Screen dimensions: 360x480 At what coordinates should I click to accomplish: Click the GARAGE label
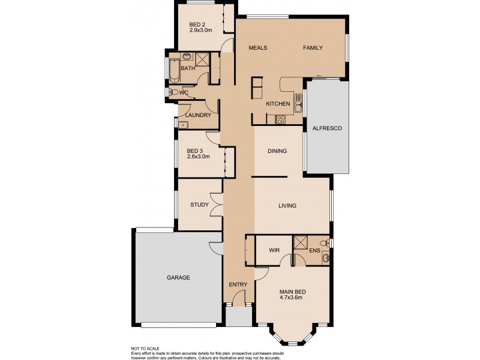178,278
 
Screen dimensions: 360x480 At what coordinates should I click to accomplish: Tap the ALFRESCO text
326,128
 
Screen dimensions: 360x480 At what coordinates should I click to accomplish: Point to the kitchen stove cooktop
280,119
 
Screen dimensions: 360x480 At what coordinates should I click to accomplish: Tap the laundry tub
183,125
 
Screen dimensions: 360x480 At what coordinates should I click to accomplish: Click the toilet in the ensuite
324,242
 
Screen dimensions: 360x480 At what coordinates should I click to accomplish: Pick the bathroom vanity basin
186,58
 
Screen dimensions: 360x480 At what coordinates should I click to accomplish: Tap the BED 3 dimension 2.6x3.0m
199,157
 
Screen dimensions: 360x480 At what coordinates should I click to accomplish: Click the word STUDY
199,205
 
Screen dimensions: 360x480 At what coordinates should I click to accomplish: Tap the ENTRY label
238,284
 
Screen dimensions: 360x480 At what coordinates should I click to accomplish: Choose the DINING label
277,151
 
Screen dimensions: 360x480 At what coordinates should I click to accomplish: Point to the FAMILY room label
313,48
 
